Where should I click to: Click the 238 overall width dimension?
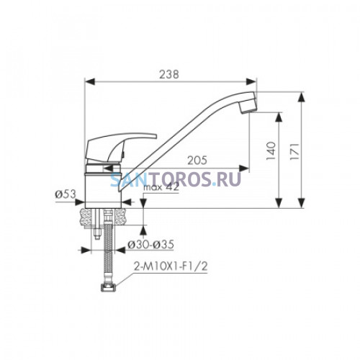click(169, 74)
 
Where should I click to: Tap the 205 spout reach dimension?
click(197, 161)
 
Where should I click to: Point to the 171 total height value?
click(294, 152)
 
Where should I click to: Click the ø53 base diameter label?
click(66, 194)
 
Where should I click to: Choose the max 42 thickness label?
click(161, 187)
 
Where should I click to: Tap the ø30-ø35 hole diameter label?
click(150, 245)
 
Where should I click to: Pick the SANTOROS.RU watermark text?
click(176, 179)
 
